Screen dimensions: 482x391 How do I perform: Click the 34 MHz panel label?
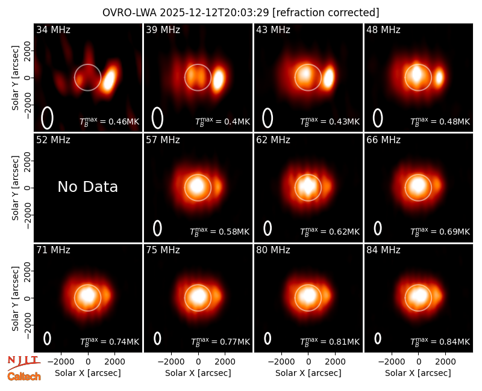click(53, 29)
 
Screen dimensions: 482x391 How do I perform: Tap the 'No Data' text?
click(87, 187)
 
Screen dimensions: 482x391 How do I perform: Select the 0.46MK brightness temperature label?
click(110, 122)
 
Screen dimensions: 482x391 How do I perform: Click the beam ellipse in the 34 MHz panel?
click(47, 118)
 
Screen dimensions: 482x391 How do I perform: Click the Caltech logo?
click(24, 377)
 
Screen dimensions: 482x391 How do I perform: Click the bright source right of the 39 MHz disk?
click(218, 79)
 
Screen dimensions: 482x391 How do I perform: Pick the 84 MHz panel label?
click(383, 250)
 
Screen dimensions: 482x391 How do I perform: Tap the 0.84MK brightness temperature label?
click(440, 341)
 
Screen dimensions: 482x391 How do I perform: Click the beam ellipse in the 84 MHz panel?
click(378, 338)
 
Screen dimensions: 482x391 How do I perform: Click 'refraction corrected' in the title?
click(326, 13)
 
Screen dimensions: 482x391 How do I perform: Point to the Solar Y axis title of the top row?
click(15, 78)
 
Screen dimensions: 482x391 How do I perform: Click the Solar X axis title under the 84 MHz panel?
click(418, 373)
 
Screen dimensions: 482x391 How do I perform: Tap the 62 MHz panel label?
click(274, 140)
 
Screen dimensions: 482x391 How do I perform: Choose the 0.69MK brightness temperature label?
click(440, 232)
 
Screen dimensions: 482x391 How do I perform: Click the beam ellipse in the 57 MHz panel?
click(157, 228)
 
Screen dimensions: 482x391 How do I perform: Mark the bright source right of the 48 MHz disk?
click(439, 77)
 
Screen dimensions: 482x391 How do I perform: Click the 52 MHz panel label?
click(53, 140)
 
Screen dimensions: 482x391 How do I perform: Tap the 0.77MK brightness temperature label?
click(221, 341)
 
